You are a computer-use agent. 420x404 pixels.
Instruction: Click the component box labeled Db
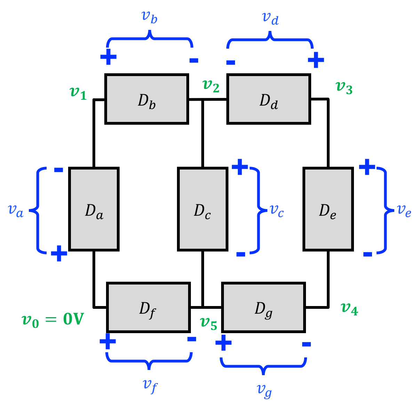click(x=147, y=99)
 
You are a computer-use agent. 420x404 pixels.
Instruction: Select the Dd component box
click(x=269, y=99)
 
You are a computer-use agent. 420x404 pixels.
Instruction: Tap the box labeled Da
click(x=94, y=209)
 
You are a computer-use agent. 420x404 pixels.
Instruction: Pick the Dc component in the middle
click(x=203, y=209)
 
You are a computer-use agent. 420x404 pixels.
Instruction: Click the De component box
click(x=328, y=209)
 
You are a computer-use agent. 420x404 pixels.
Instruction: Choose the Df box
click(x=148, y=307)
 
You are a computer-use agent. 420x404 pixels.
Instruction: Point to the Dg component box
click(x=264, y=307)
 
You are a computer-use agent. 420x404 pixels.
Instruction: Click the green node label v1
click(x=78, y=93)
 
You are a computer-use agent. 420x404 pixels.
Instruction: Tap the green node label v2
click(x=211, y=86)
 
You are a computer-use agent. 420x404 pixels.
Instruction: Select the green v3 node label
click(x=344, y=88)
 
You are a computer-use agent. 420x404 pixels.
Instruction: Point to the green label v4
click(x=349, y=309)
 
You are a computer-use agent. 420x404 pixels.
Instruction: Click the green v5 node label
click(x=209, y=323)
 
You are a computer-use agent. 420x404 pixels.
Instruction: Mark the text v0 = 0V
click(x=52, y=320)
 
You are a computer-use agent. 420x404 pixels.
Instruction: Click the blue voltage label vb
click(x=150, y=17)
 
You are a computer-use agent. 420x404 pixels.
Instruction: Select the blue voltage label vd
click(x=270, y=18)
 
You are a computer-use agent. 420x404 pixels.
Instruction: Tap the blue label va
click(x=15, y=211)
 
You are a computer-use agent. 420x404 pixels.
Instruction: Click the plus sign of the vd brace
click(x=316, y=60)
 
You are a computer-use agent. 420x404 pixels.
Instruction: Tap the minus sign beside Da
click(x=58, y=170)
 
